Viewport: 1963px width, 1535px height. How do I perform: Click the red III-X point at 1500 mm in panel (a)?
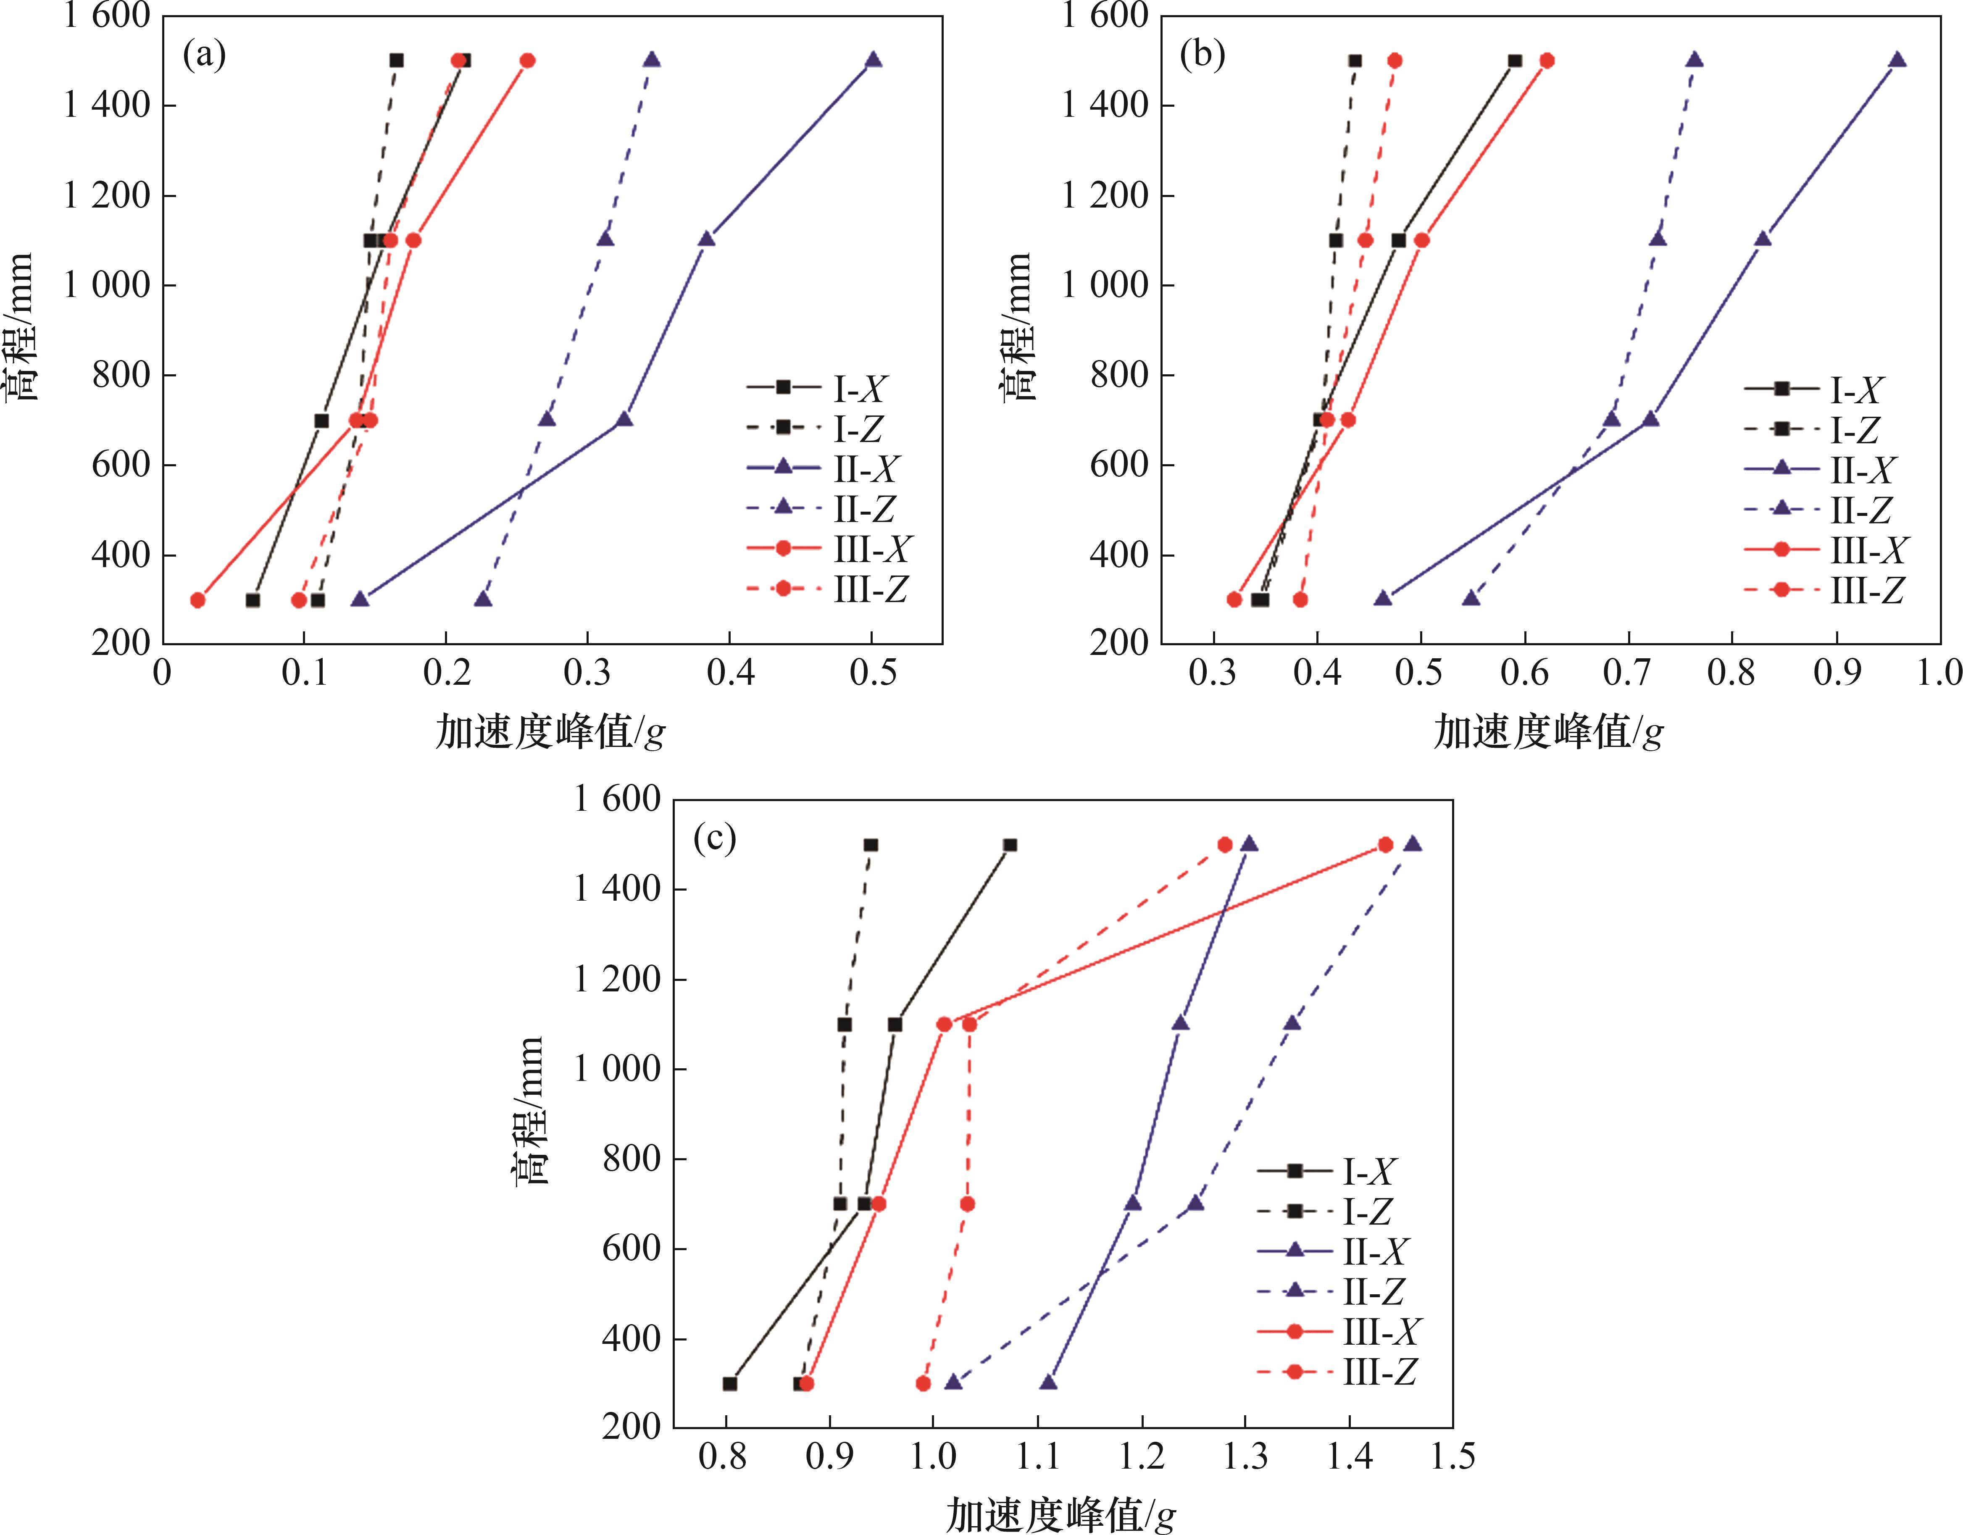[x=528, y=60]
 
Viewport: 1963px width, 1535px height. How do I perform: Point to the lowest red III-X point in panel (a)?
[x=198, y=599]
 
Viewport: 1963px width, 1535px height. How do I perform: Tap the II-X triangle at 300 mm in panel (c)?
[x=1048, y=1382]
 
